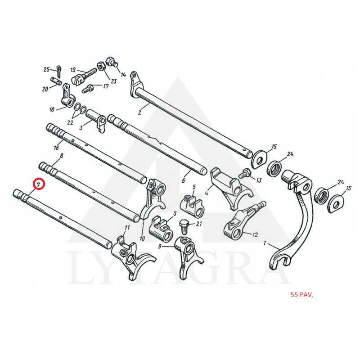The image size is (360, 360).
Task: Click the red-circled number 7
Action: point(38,184)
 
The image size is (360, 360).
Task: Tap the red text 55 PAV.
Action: point(301,295)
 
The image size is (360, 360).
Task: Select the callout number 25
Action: point(46,69)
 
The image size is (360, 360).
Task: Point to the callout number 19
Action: point(72,70)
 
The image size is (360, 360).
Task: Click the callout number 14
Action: point(123,74)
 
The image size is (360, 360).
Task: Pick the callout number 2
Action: point(139,112)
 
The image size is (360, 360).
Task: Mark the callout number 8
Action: point(61,156)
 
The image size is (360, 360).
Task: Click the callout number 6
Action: point(183,180)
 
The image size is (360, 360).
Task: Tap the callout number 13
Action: point(258,180)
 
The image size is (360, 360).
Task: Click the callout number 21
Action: point(199,224)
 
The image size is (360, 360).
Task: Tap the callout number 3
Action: point(81,128)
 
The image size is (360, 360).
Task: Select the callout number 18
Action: point(52,109)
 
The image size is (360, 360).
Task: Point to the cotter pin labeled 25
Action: point(59,69)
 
